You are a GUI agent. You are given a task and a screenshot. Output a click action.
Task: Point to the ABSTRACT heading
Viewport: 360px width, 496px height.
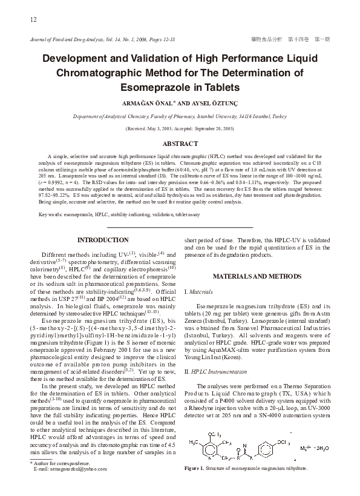pos(180,144)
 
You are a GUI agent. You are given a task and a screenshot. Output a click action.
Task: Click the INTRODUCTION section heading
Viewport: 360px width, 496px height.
pos(103,240)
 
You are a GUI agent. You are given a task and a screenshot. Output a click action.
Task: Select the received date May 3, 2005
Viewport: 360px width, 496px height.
pos(160,129)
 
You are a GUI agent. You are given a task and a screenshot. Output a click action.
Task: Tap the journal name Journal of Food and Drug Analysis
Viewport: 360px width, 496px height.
pos(70,39)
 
